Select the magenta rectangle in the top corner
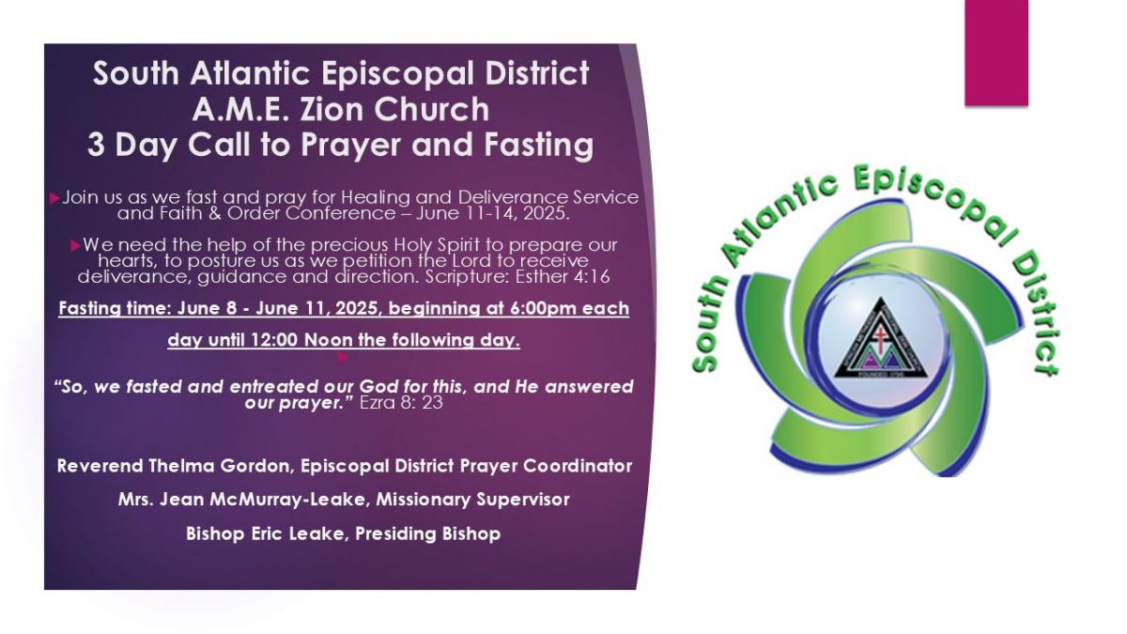pyautogui.click(x=996, y=53)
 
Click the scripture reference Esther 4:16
pyautogui.click(x=563, y=277)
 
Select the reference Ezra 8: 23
pyautogui.click(x=401, y=403)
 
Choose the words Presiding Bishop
pyautogui.click(x=427, y=533)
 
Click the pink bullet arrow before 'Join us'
pyautogui.click(x=54, y=198)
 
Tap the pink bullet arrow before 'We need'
pyautogui.click(x=76, y=246)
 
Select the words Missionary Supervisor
pyautogui.click(x=473, y=500)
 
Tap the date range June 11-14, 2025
pyautogui.click(x=493, y=213)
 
